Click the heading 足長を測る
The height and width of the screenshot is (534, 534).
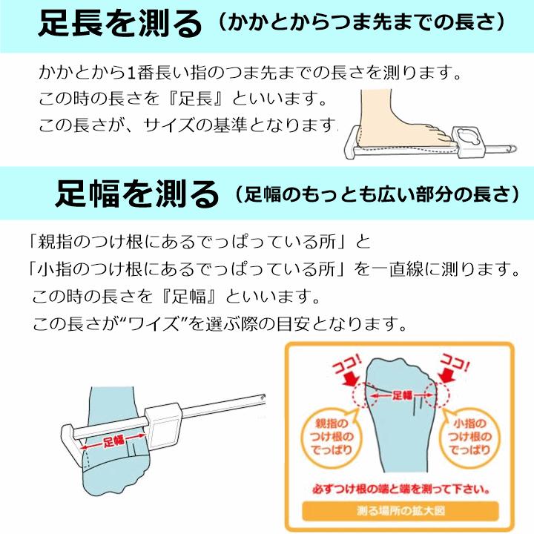[119, 23]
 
